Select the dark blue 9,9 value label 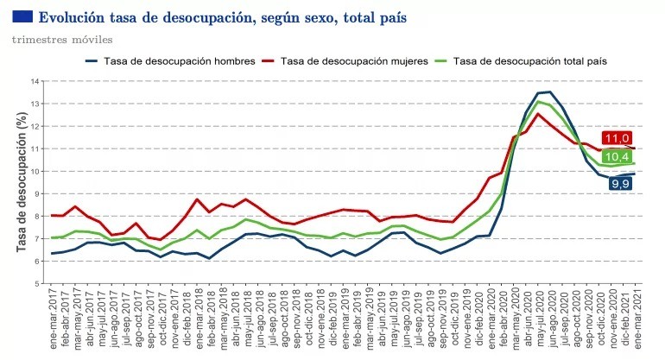coord(619,183)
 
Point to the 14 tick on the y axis coord(35,81)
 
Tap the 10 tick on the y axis coord(35,171)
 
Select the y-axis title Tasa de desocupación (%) coord(22,182)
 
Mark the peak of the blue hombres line coord(550,92)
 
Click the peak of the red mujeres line coord(538,114)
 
